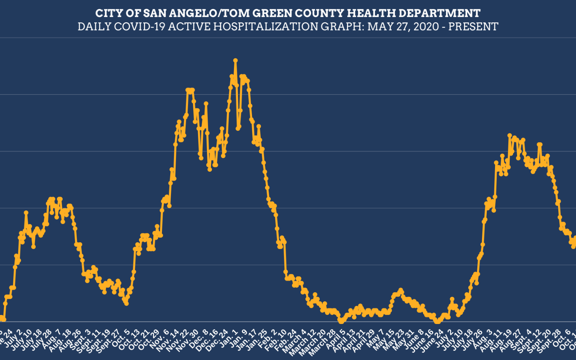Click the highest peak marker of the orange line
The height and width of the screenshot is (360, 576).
coord(235,60)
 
